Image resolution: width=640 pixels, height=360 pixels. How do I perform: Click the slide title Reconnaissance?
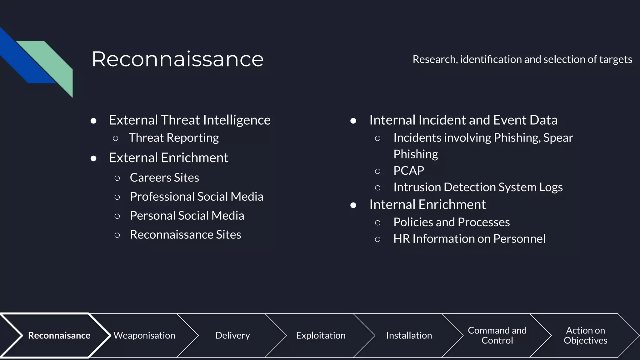pos(177,59)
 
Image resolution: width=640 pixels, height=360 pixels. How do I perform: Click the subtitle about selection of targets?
pos(522,59)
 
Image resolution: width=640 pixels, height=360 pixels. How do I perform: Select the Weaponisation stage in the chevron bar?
pos(144,335)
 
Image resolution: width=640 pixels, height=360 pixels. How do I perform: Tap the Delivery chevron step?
pos(232,335)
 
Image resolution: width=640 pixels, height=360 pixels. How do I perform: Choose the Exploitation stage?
pos(321,335)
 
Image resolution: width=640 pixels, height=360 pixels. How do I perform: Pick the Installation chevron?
pos(409,335)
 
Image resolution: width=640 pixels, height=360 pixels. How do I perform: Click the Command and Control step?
pos(497,335)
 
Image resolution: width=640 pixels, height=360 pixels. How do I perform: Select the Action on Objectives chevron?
pos(585,335)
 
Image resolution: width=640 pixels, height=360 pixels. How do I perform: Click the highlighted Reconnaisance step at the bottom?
pos(59,335)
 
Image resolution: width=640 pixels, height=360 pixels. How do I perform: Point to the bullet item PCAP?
pos(408,171)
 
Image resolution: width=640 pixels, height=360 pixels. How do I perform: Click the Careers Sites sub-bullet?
pos(164,177)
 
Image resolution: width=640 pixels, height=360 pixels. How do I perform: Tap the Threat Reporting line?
pos(173,138)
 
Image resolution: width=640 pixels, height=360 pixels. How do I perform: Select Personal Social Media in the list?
pos(187,216)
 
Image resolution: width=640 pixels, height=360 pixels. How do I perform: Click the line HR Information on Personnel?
pos(469,239)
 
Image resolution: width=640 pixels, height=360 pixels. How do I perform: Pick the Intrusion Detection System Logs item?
pos(478,187)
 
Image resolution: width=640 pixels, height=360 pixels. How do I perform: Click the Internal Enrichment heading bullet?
pos(427,205)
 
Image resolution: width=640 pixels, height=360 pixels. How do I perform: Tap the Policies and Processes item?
pos(451,222)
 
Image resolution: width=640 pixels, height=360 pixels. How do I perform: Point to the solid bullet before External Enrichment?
pos(93,158)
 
